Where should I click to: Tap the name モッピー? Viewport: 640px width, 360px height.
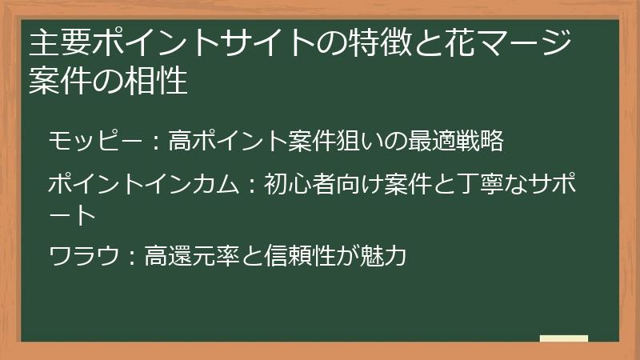[89, 141]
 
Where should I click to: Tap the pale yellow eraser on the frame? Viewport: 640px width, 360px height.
[563, 339]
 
